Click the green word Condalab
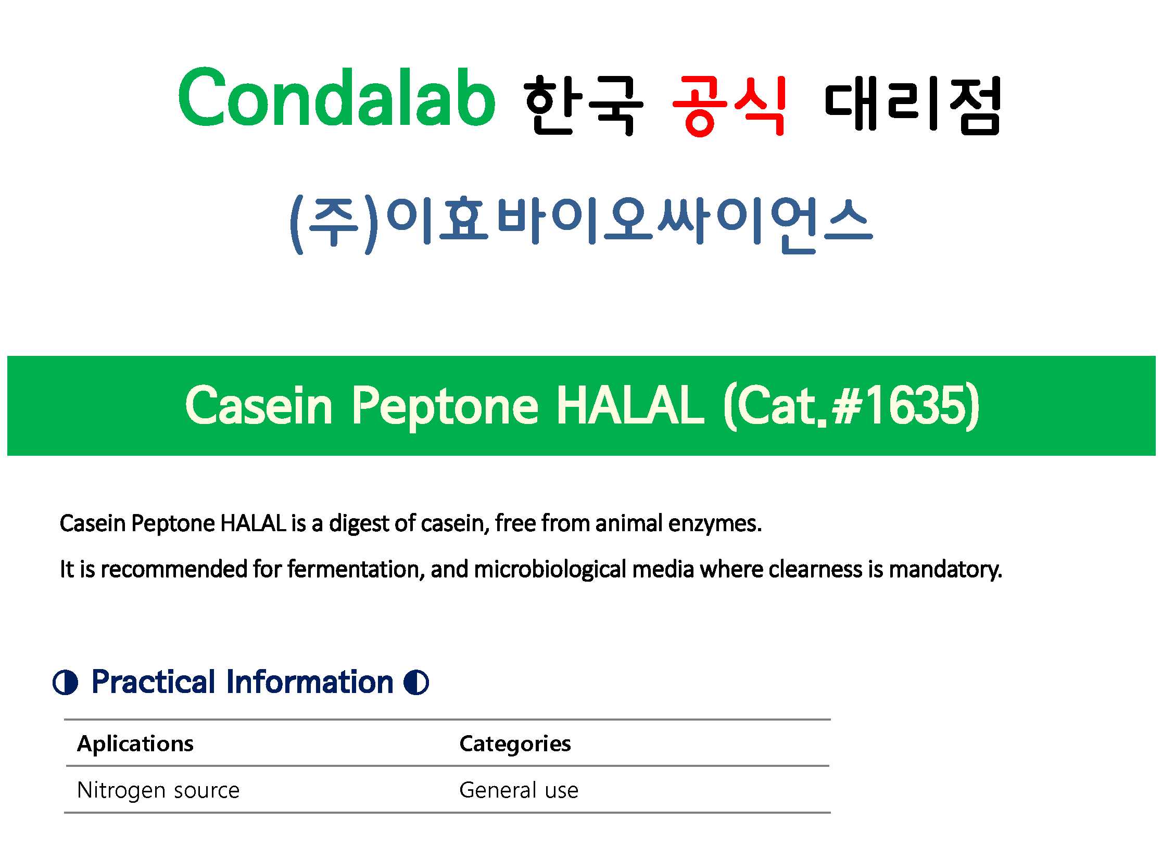pyautogui.click(x=336, y=97)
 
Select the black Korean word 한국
pyautogui.click(x=584, y=105)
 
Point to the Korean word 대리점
pyautogui.click(x=913, y=105)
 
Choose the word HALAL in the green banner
pyautogui.click(x=630, y=406)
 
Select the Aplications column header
pyautogui.click(x=135, y=744)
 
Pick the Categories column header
pyautogui.click(x=515, y=744)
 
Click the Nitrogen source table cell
pyautogui.click(x=158, y=790)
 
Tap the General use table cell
pyautogui.click(x=519, y=790)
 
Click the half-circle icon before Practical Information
pyautogui.click(x=66, y=683)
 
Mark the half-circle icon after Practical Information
pyautogui.click(x=416, y=683)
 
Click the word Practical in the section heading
pyautogui.click(x=154, y=682)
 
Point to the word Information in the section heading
pyautogui.click(x=310, y=682)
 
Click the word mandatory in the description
pyautogui.click(x=945, y=570)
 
